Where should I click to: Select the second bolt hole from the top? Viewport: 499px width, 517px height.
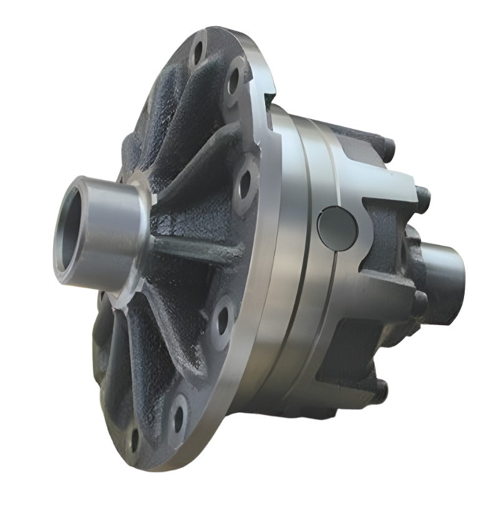click(234, 80)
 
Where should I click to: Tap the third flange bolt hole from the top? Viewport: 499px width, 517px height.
click(245, 181)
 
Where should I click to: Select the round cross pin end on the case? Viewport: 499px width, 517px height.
click(337, 228)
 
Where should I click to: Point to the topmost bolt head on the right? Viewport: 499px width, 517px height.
click(388, 150)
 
